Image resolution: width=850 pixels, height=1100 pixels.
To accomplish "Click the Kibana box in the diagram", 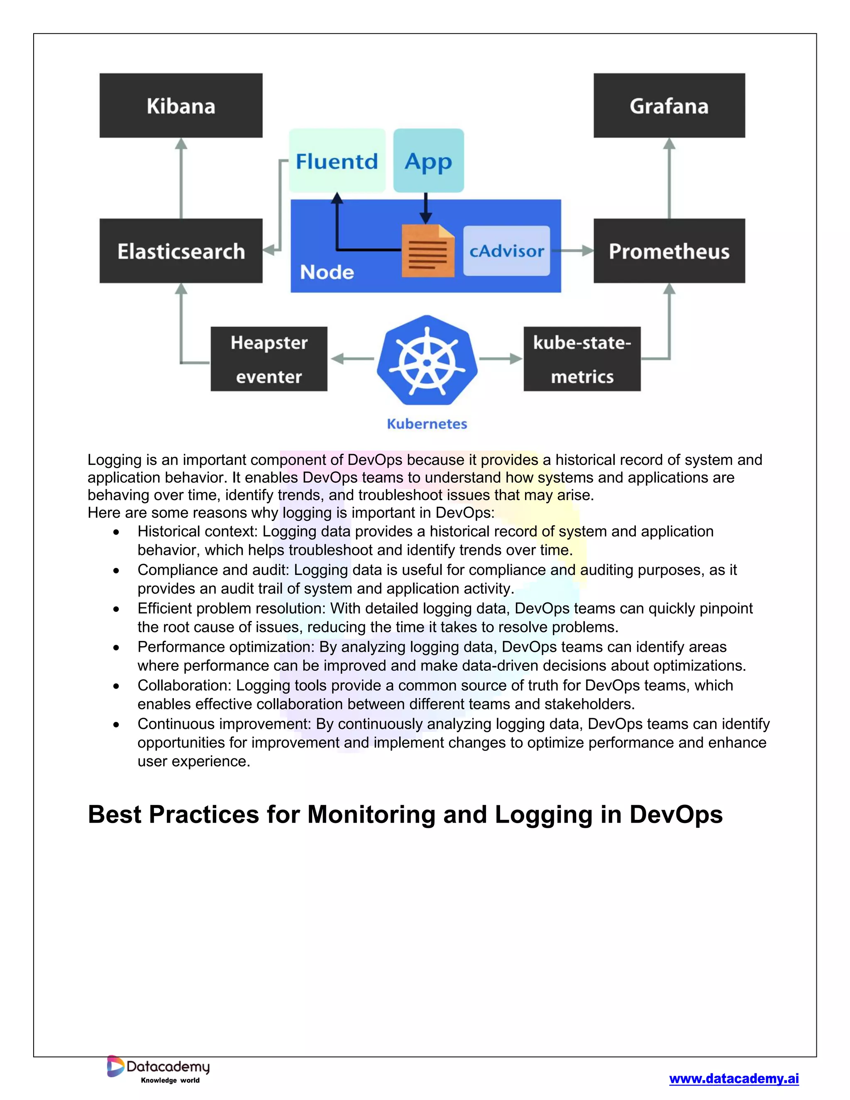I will coord(181,106).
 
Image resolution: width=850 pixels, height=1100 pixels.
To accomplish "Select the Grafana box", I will coord(669,106).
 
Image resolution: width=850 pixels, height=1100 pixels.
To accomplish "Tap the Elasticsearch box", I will coord(181,251).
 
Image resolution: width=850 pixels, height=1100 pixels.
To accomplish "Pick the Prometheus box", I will coord(669,251).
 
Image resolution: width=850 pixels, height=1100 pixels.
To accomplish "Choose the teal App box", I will coord(428,161).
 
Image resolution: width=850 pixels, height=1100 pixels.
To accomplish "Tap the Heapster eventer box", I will coord(269,359).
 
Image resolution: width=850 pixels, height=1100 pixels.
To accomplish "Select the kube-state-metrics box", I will coord(582,359).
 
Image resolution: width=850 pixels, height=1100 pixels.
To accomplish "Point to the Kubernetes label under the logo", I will coord(427,424).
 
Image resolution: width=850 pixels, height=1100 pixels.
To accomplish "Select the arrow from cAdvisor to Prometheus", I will coord(572,250).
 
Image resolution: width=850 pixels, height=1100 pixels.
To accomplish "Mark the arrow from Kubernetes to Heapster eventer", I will coord(352,359).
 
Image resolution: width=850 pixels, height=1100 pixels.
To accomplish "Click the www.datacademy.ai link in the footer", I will coord(734,1078).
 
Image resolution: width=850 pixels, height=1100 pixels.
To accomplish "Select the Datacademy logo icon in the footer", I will coord(115,1066).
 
